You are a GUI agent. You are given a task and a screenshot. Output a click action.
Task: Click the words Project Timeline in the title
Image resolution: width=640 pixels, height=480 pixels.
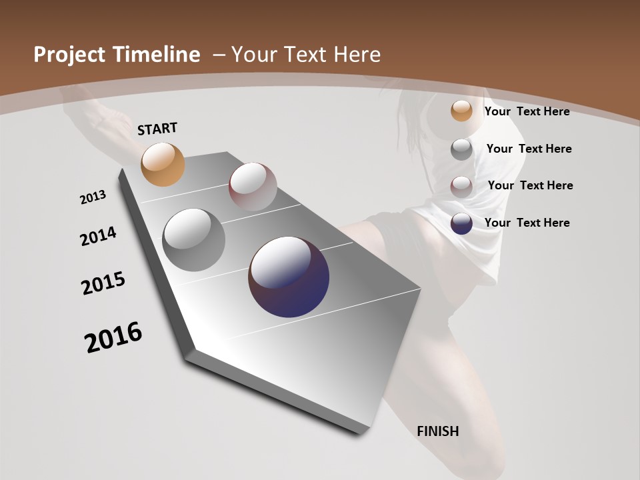pos(117,55)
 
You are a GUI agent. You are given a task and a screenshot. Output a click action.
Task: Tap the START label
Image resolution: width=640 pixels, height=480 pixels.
pos(157,129)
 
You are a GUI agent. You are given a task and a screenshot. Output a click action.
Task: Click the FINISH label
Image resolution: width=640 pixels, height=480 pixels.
pos(438,431)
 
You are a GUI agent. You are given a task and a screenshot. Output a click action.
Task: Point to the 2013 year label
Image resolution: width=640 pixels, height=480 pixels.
pos(93,197)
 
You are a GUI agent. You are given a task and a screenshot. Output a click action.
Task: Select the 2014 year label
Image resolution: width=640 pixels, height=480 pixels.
pos(98,236)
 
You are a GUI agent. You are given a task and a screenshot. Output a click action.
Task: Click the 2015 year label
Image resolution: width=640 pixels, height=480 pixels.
pos(103,283)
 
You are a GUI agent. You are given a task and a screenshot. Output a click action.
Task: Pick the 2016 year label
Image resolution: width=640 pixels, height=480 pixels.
pos(113,337)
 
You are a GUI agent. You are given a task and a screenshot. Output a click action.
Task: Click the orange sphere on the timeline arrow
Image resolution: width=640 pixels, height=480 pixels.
pos(163,165)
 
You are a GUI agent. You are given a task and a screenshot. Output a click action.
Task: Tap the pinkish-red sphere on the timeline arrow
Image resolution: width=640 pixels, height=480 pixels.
pos(253,186)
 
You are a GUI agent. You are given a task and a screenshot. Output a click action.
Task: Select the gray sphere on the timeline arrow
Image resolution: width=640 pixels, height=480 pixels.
pos(193,240)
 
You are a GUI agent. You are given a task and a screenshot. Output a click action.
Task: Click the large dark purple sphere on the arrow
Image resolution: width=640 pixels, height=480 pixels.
pos(289,277)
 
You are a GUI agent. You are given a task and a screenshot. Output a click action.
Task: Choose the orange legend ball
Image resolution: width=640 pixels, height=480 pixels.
pos(461,111)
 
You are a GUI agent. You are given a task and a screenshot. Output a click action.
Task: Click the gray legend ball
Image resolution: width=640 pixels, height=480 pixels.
pos(461,149)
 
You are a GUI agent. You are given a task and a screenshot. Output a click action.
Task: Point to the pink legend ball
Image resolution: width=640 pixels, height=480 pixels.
pos(461,187)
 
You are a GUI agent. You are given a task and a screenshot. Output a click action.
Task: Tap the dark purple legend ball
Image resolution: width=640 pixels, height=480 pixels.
pos(461,223)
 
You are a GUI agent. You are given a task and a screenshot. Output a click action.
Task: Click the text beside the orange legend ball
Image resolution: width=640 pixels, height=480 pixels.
pos(527,111)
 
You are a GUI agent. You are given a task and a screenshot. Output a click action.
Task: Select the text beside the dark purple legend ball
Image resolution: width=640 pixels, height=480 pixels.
pos(527,223)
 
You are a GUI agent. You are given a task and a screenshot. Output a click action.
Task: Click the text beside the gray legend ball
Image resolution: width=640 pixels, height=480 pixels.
pos(529,149)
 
